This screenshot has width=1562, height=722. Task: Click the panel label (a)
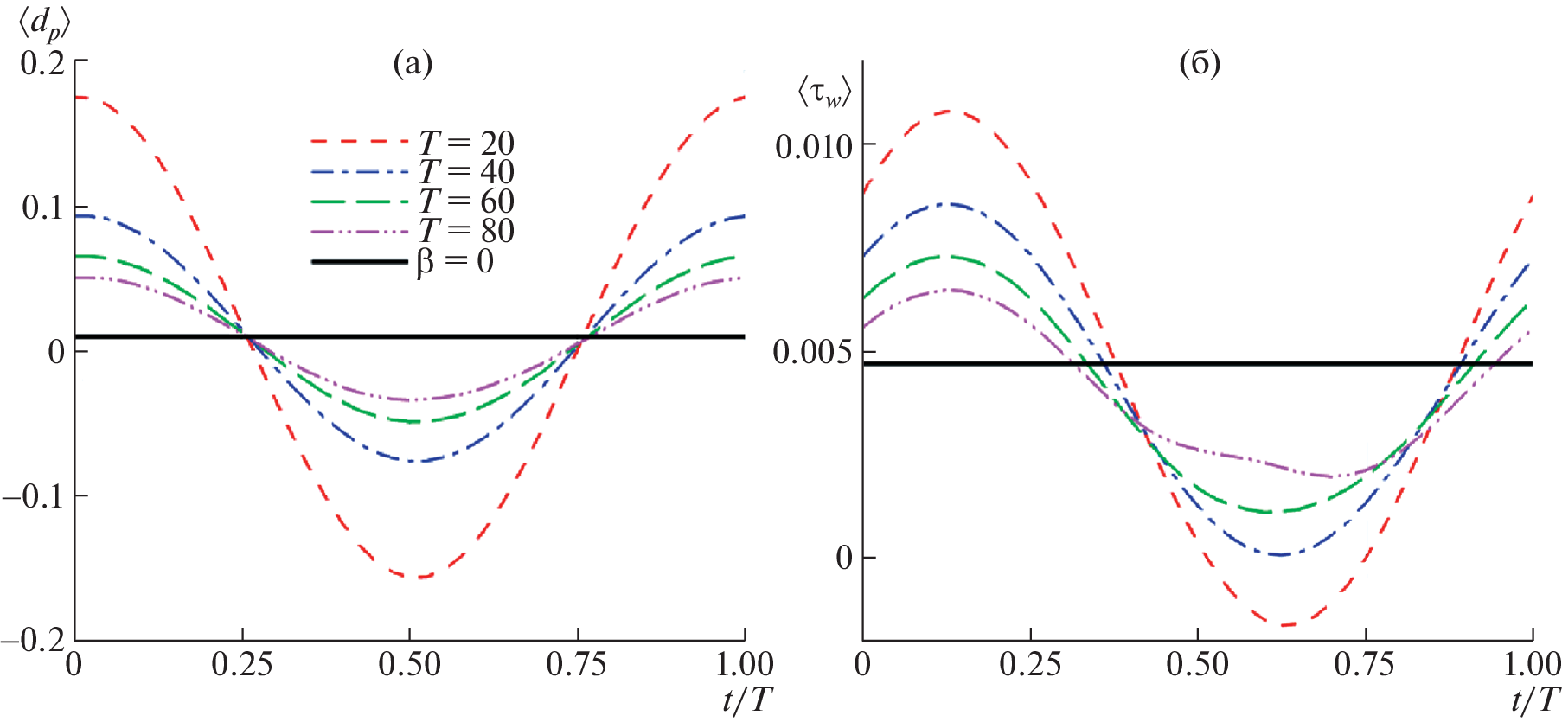coord(413,63)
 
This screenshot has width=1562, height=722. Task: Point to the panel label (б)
coord(1200,63)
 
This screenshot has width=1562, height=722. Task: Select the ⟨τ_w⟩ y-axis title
coord(824,93)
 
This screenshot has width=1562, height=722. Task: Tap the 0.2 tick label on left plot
coord(43,62)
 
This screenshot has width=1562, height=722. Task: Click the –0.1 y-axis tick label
coord(35,496)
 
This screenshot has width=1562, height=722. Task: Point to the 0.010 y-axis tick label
coord(814,146)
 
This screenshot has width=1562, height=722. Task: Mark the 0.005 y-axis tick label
coord(812,352)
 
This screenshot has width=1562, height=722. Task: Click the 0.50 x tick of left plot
coord(409,665)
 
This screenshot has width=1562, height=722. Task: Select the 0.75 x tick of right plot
coord(1364,665)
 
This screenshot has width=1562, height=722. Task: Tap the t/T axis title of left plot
coord(747,700)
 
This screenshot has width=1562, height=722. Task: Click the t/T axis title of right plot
coord(1535,700)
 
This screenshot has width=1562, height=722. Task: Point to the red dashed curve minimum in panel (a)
coord(419,577)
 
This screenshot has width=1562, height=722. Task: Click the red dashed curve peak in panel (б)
coord(949,111)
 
